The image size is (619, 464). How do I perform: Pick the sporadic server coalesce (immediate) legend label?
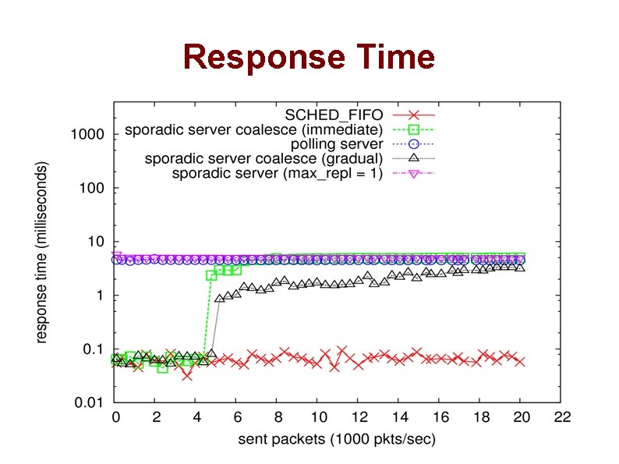click(254, 129)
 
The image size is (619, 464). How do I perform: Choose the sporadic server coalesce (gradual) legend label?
click(264, 158)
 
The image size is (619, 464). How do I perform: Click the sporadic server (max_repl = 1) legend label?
click(278, 172)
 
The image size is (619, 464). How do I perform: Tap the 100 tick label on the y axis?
click(90, 189)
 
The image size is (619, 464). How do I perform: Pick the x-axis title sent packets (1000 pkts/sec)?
click(337, 440)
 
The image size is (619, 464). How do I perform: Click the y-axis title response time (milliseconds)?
click(42, 252)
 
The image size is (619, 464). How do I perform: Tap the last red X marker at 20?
click(521, 361)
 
